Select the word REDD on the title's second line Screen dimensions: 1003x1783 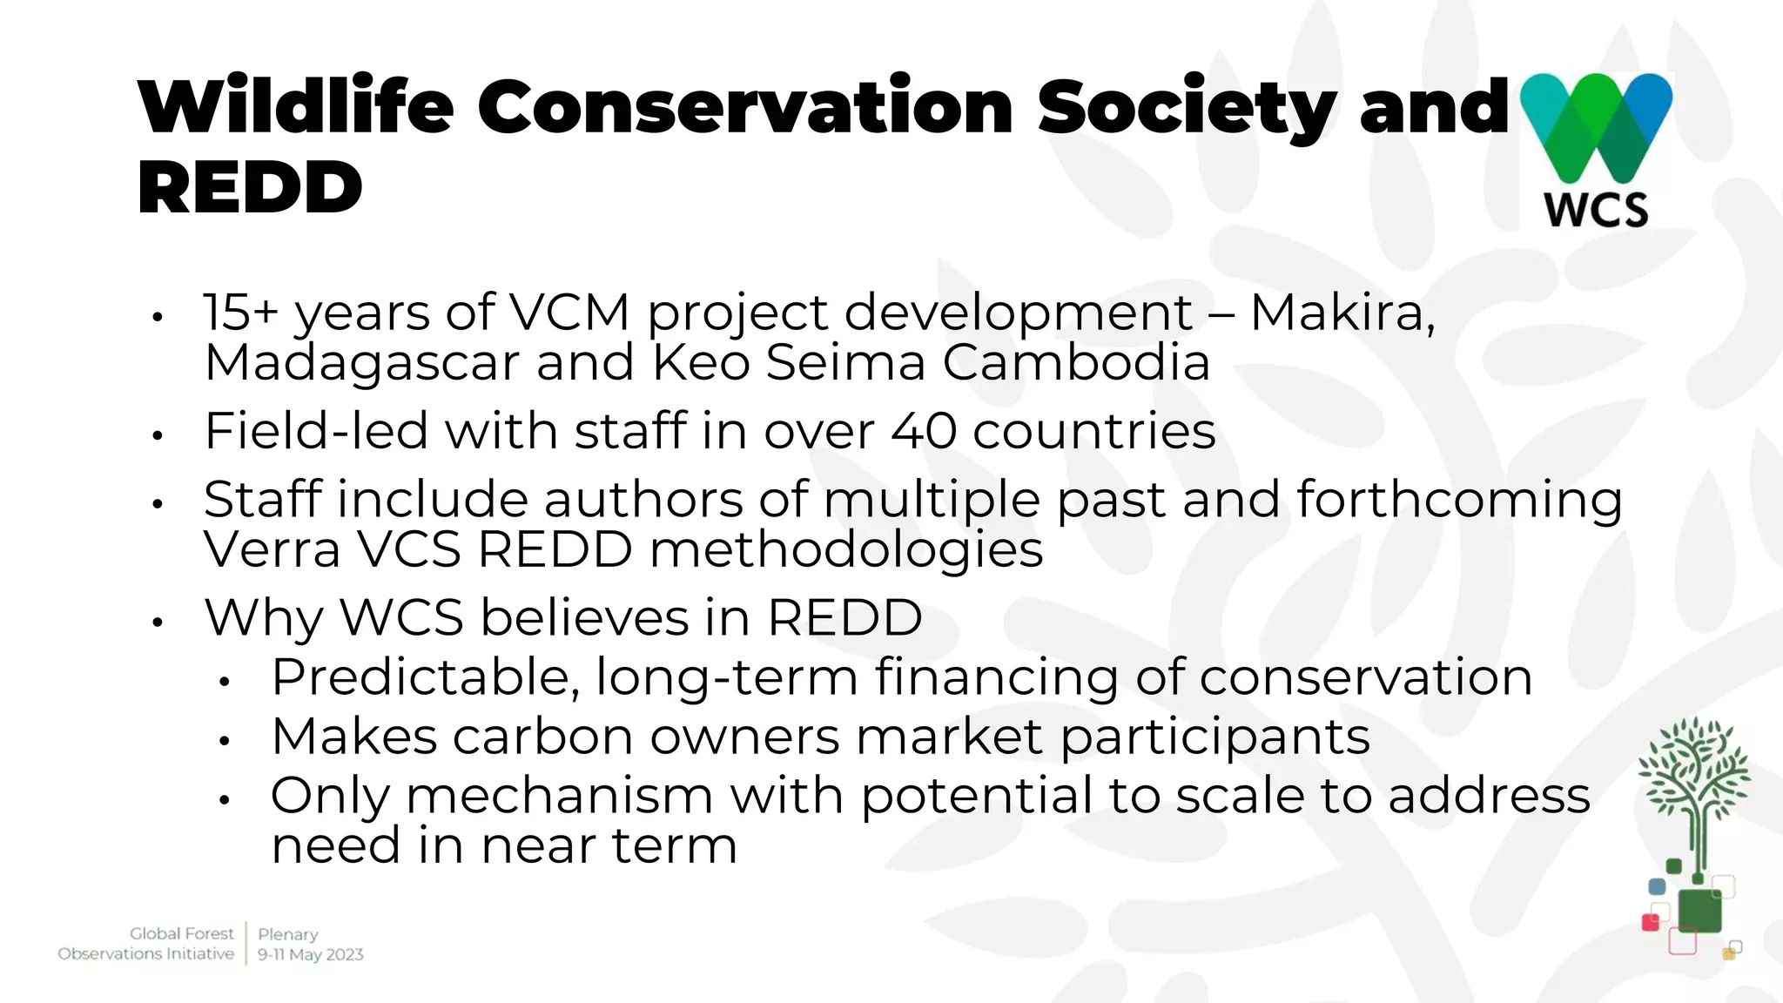[250, 187]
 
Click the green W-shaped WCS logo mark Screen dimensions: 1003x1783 [1596, 126]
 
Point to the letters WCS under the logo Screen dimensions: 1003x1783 [1596, 210]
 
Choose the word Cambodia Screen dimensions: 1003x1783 [1076, 362]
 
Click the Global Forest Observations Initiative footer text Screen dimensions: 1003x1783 [146, 944]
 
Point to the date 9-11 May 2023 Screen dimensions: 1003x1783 [310, 954]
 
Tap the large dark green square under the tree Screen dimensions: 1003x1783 [1699, 911]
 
